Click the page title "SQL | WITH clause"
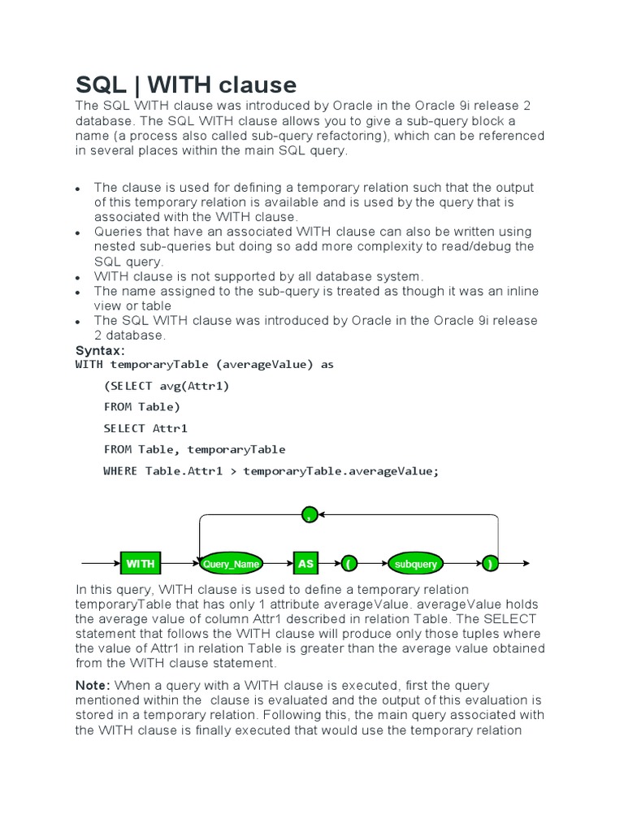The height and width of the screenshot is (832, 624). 186,84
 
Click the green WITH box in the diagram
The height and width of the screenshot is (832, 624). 140,563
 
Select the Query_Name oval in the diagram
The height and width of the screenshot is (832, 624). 231,563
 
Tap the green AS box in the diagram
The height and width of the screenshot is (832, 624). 305,563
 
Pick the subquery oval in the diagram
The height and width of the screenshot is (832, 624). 415,563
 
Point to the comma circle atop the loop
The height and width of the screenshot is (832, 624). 309,514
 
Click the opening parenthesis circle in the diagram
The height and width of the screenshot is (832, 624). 348,563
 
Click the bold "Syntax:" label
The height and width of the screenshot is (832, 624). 100,350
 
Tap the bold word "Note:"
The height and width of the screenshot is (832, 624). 92,686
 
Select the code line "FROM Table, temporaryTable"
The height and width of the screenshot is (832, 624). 194,449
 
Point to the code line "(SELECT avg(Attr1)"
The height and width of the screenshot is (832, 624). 167,386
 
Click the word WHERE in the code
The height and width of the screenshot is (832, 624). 120,471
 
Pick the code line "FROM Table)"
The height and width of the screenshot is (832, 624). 142,407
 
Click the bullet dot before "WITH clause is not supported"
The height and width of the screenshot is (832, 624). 78,278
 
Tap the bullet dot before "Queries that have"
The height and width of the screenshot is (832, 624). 78,233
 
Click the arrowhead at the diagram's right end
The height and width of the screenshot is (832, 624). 526,563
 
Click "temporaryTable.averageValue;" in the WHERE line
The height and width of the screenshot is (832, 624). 340,471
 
